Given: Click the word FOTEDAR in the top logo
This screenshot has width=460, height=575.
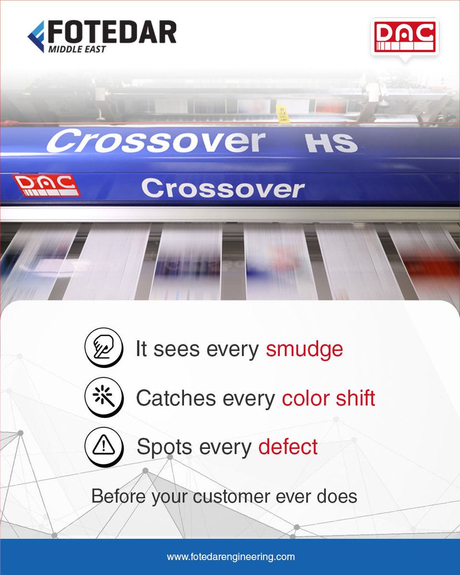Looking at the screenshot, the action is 112,32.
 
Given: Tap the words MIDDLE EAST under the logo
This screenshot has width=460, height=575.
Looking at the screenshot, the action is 77,49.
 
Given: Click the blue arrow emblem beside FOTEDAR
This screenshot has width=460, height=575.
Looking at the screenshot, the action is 36,36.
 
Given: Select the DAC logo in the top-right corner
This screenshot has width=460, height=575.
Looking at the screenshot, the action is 405,37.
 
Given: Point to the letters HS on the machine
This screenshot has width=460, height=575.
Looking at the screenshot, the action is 332,143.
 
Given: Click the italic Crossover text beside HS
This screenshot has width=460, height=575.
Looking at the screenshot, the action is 156,141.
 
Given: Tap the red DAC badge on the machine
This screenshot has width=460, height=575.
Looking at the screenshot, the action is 46,185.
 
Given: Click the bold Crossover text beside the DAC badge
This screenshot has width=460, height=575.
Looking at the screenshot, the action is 223,188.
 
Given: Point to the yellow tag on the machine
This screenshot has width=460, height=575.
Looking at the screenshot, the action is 283,114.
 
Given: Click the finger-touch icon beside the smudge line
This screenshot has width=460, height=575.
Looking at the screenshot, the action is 103,347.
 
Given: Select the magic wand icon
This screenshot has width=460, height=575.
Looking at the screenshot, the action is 103,397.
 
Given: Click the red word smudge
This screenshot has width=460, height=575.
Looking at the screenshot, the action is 304,349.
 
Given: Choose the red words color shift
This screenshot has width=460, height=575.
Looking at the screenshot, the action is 329,398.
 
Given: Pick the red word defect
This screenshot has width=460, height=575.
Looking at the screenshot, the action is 288,447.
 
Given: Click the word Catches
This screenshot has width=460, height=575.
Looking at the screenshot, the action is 176,398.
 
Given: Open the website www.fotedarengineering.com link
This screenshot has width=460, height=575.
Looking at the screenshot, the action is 230,557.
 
